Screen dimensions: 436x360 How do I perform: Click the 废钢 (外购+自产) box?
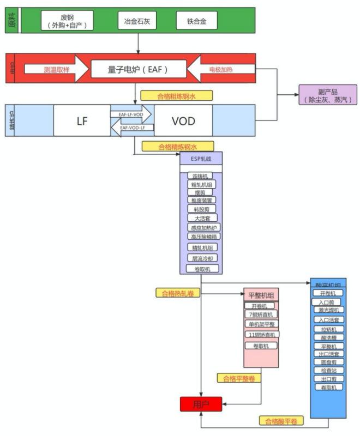coord(67,21)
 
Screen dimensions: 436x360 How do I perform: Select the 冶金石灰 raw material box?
coord(136,21)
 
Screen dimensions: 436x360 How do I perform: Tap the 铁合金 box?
coord(196,21)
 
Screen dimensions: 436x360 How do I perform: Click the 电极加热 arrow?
coord(224,69)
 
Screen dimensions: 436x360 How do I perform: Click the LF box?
coord(82,120)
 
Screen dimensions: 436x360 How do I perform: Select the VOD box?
coord(183,120)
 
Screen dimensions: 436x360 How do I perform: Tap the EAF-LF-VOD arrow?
coord(131,114)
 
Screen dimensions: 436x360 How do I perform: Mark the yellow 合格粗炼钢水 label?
coord(176,95)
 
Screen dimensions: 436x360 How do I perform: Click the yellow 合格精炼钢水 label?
coord(178,146)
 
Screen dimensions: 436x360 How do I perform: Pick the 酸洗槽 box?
coord(328,337)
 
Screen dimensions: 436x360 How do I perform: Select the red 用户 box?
coord(201,404)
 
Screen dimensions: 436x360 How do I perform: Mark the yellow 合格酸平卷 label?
coord(281,421)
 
